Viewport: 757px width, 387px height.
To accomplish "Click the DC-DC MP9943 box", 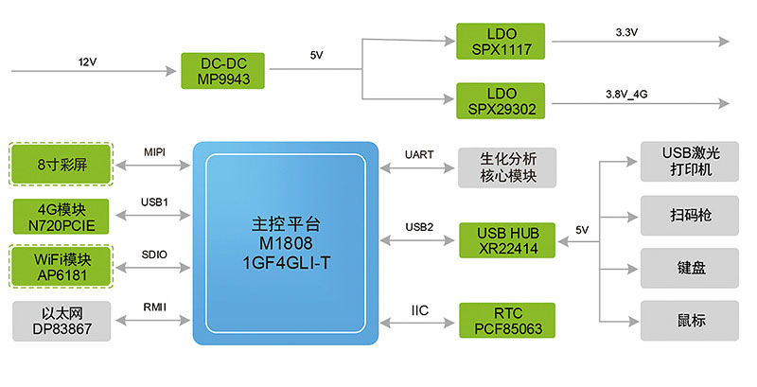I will (224, 71).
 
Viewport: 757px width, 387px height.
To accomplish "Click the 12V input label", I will (88, 62).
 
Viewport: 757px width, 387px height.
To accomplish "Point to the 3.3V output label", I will (626, 32).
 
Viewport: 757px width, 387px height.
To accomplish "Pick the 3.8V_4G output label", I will (626, 95).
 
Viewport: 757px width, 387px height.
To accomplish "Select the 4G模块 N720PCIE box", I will (61, 216).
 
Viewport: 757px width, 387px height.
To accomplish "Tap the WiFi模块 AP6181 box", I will (61, 267).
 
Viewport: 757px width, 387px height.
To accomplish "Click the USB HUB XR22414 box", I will (506, 239).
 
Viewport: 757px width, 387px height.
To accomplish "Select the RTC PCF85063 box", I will (506, 321).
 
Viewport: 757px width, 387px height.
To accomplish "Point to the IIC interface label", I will (420, 309).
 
